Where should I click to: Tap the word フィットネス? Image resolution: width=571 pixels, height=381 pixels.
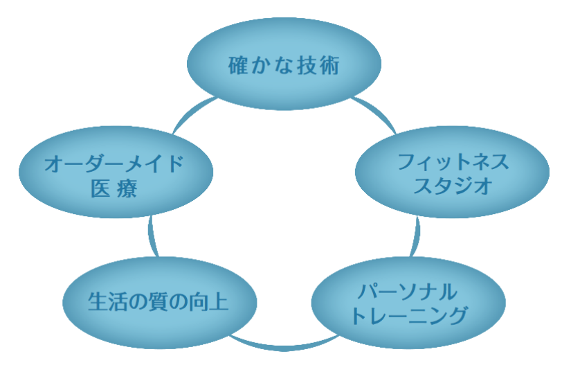(x=453, y=163)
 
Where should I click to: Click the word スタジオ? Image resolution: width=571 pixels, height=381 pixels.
(x=453, y=186)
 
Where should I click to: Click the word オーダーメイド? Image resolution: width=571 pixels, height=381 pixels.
(x=116, y=164)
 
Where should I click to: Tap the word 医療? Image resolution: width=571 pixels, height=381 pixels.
(x=114, y=188)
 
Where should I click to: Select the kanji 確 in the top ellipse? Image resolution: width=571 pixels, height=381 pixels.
(x=238, y=66)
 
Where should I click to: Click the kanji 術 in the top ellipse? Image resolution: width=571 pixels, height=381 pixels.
(x=329, y=66)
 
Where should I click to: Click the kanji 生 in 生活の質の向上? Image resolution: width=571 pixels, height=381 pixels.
(x=98, y=303)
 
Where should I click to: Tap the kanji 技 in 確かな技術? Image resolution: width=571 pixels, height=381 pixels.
(x=307, y=66)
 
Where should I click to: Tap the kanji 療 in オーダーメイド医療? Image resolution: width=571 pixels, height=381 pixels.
(x=127, y=188)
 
